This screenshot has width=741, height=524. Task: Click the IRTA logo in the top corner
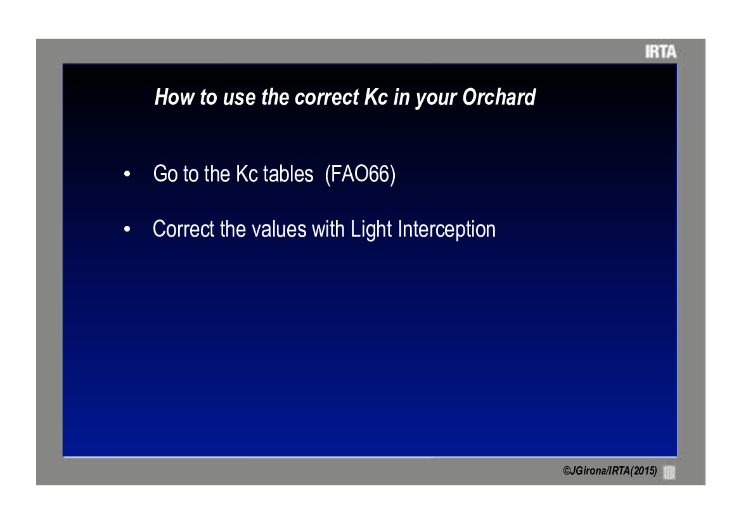(x=660, y=51)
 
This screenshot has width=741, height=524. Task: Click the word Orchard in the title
(x=499, y=98)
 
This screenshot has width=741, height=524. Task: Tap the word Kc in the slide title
(x=376, y=98)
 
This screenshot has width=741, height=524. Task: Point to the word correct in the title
(x=326, y=98)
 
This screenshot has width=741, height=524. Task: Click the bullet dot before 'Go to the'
(x=127, y=174)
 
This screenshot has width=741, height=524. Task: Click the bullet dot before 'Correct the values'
(x=127, y=230)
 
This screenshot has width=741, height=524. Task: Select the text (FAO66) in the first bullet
(x=360, y=174)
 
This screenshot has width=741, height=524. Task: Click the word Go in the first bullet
(x=165, y=174)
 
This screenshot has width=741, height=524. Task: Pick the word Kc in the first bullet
(x=247, y=174)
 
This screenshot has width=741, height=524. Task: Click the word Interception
(x=447, y=230)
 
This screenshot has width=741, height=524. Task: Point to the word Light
(x=371, y=230)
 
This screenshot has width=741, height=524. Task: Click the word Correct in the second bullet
(x=183, y=230)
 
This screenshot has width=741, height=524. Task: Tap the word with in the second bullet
(x=328, y=230)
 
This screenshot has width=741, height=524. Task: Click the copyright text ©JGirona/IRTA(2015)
(x=610, y=471)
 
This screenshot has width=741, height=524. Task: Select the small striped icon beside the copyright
(x=669, y=472)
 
